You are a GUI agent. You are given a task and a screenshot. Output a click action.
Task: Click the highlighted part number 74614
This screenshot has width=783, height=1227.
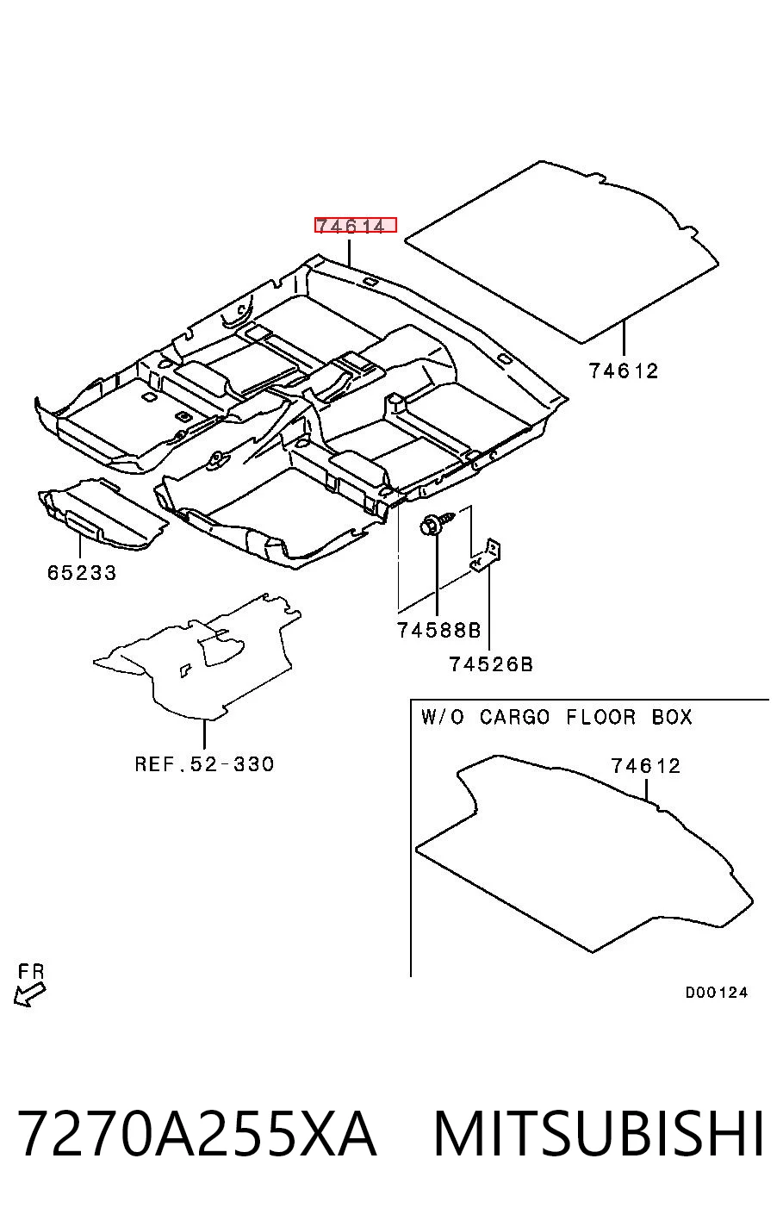[x=355, y=225]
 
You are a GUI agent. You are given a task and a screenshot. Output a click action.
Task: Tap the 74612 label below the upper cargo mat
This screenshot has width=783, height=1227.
[x=623, y=371]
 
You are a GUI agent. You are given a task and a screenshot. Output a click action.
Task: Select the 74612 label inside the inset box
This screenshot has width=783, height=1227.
[x=645, y=766]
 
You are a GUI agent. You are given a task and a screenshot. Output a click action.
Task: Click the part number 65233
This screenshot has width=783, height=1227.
[x=82, y=573]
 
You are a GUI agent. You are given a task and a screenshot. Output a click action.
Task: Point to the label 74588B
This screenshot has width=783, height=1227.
[x=438, y=631]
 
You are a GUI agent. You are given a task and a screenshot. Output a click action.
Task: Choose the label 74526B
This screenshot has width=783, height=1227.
[x=491, y=664]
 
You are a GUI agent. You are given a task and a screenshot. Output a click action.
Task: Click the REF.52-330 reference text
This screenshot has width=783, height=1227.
[x=204, y=763]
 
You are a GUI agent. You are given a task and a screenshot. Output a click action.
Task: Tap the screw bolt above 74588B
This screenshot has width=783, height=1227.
[x=437, y=522]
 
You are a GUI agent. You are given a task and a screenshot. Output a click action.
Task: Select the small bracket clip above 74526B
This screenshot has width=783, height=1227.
[x=487, y=556]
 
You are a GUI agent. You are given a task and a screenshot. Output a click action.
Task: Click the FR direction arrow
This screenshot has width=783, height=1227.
[x=29, y=993]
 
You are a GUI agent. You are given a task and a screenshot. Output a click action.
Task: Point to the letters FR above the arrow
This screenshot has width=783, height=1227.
[x=31, y=971]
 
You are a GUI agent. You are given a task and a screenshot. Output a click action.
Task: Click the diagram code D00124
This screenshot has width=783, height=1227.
[x=717, y=992]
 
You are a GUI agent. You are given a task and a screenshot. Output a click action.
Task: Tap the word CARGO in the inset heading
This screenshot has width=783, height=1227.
[x=514, y=717]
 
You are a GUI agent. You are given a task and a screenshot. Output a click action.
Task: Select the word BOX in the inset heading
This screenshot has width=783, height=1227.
[x=672, y=717]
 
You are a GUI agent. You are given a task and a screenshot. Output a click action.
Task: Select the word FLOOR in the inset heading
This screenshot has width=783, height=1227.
[x=600, y=717]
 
